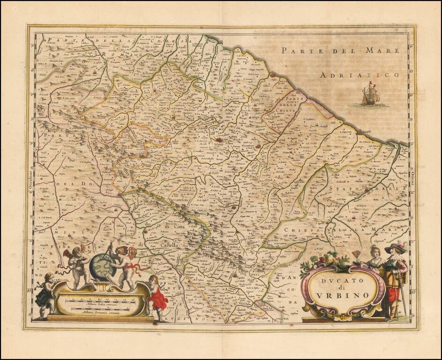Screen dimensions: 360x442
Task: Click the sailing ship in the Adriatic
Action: pyautogui.click(x=370, y=94)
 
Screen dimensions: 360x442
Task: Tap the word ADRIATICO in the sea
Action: pyautogui.click(x=360, y=75)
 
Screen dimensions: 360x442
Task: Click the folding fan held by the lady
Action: pyautogui.click(x=357, y=255)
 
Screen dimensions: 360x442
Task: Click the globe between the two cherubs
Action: pyautogui.click(x=103, y=267)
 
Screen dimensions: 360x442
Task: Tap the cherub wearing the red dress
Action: pyautogui.click(x=156, y=298)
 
